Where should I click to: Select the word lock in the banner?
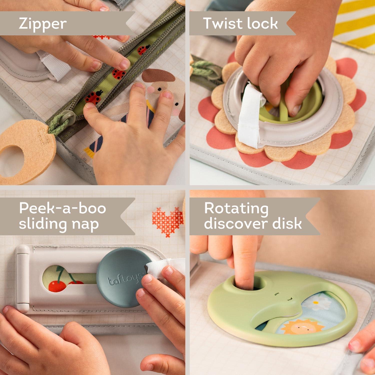coord(262,23)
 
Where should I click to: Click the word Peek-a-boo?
coord(62,208)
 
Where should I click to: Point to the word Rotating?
coord(236,208)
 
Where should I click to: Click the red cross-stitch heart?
coord(167,221)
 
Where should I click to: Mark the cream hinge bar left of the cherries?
coord(22,279)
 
